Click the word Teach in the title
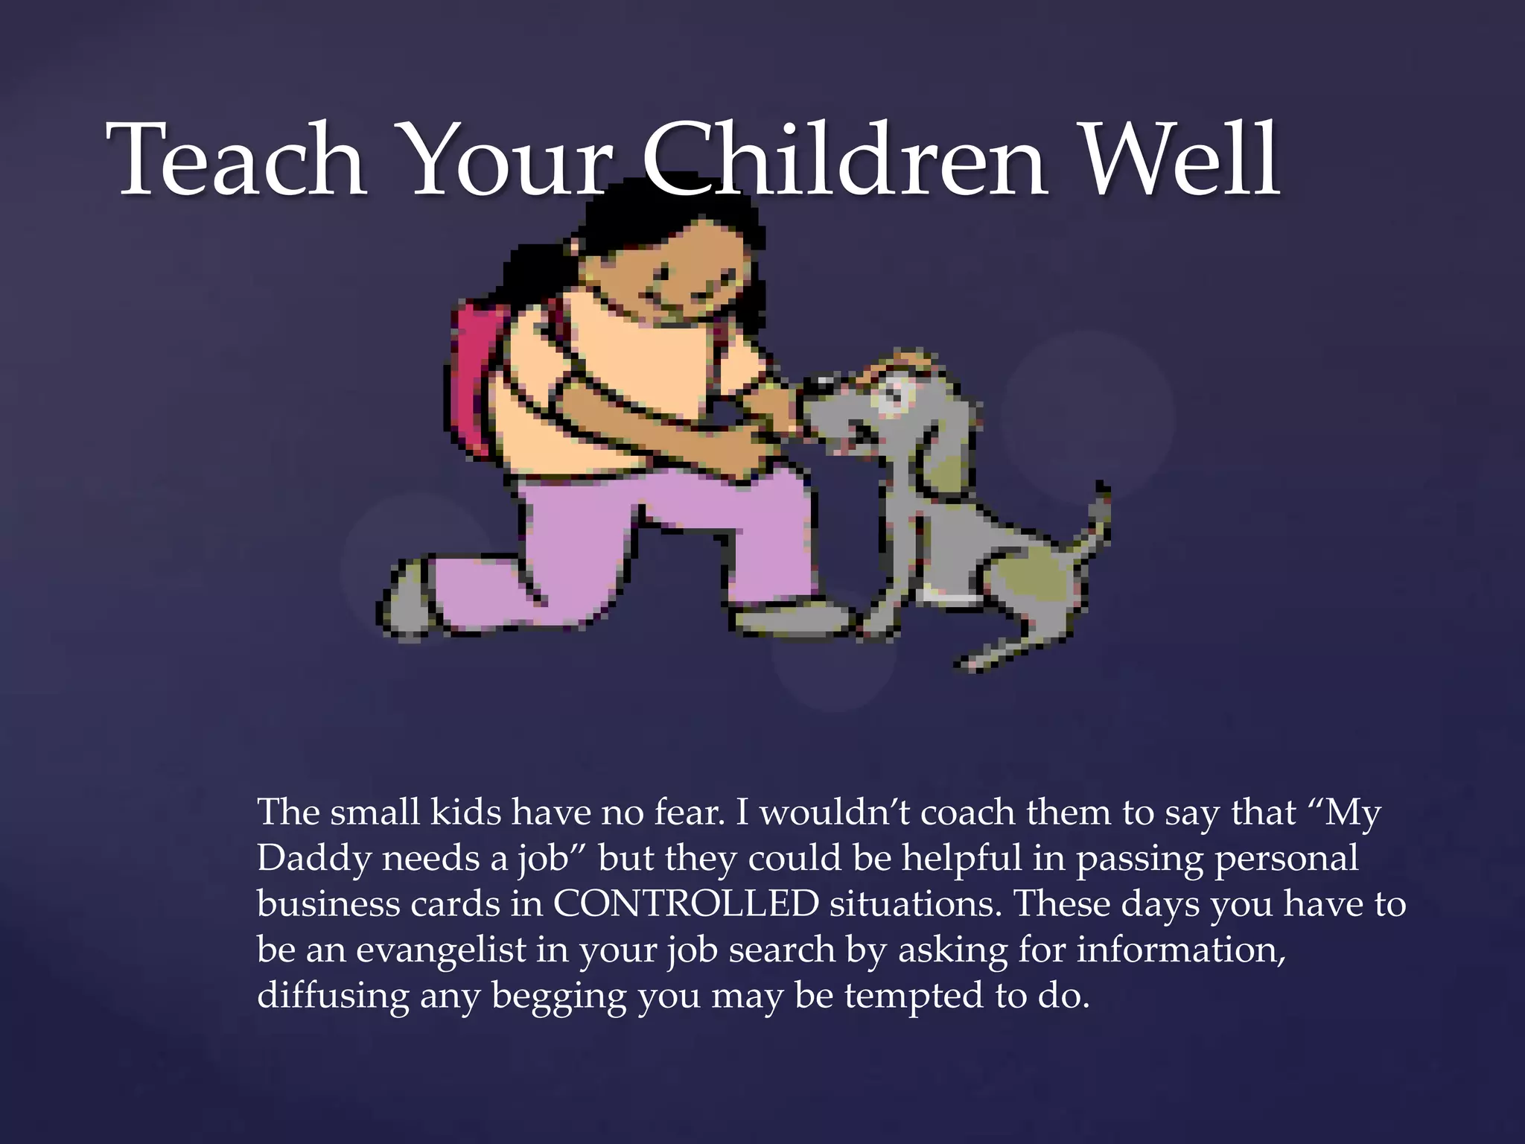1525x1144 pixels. [x=237, y=160]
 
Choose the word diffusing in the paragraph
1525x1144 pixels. [x=332, y=996]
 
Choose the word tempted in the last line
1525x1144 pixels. [x=913, y=997]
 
